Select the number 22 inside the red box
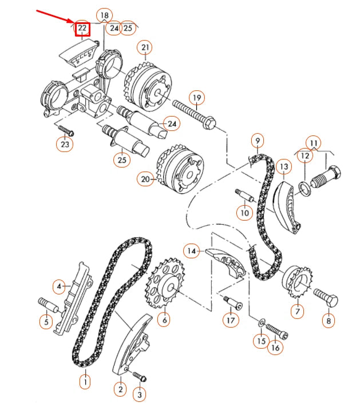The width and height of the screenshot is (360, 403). point(82,28)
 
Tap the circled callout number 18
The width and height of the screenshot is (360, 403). point(104,15)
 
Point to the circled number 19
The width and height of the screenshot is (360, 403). point(196,98)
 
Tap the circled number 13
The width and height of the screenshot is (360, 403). point(283,166)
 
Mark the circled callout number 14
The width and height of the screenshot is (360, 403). point(191,250)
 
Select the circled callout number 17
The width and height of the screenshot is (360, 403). point(231,320)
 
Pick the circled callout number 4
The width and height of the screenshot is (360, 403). point(59,285)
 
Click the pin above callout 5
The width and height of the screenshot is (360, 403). point(46,303)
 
